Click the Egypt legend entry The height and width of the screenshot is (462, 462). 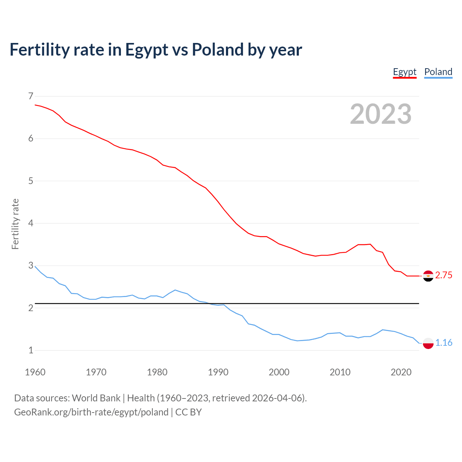coord(405,72)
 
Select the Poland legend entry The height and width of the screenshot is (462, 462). coord(438,72)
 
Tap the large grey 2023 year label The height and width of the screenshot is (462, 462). coord(381,114)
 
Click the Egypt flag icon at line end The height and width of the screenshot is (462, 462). coord(428,276)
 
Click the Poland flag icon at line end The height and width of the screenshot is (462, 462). coord(428,343)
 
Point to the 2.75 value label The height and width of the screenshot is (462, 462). coord(444,275)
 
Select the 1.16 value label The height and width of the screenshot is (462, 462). coord(444,343)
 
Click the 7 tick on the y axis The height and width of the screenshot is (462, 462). coord(31,96)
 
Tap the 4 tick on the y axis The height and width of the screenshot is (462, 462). coord(31,223)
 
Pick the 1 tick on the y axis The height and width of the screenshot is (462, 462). coord(31,350)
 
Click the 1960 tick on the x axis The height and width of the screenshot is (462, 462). coord(35,372)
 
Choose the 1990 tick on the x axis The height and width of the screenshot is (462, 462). coord(218,372)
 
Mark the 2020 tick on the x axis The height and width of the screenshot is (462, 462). coord(401,372)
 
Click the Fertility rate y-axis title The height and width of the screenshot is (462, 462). coord(15,224)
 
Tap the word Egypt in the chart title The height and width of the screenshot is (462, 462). coord(147,50)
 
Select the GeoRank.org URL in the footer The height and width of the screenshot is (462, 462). coord(91,412)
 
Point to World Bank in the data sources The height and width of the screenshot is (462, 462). coord(96,398)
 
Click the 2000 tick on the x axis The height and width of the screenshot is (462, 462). coord(279,372)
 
